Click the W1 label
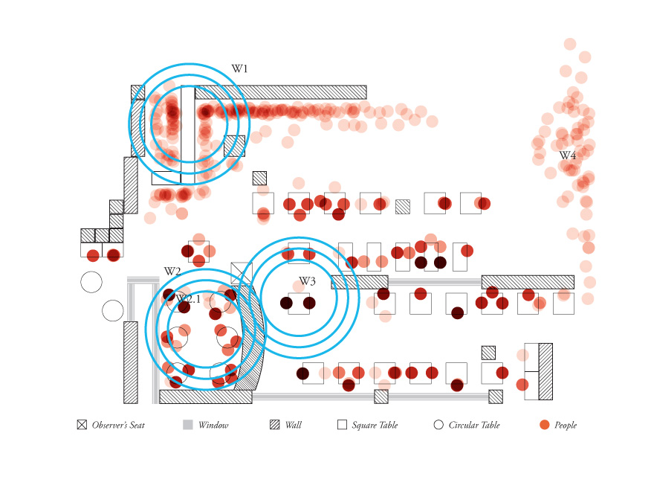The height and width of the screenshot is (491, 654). [x=239, y=69]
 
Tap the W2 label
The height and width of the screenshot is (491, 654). [x=172, y=272]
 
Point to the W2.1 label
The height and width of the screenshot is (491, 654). [x=189, y=299]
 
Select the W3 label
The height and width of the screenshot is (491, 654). [x=308, y=281]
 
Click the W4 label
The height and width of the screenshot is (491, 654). [x=567, y=155]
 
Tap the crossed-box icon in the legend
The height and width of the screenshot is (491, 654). [x=82, y=425]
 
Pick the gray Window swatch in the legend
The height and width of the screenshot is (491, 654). [x=188, y=425]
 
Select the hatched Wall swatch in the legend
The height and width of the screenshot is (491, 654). [x=275, y=425]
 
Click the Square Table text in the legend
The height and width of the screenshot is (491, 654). [x=375, y=425]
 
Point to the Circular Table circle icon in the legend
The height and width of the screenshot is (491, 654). [x=438, y=425]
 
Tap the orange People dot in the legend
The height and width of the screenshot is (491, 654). [x=545, y=425]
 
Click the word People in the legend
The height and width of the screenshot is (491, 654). [x=566, y=425]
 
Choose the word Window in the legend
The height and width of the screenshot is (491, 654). [x=213, y=425]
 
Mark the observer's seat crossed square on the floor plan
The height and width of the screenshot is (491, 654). [x=241, y=272]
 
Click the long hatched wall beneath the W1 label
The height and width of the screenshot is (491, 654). [x=281, y=92]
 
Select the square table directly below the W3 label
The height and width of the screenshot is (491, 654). [x=299, y=304]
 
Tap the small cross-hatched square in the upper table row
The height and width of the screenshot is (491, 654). [x=402, y=207]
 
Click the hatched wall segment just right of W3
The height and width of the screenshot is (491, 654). [x=359, y=282]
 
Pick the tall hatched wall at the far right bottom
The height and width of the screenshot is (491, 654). [x=545, y=371]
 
